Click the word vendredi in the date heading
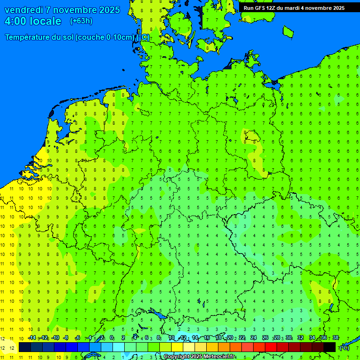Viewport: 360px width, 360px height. (x=25, y=10)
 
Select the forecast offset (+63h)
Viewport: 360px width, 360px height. (x=81, y=21)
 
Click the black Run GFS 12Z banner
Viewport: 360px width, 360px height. (x=294, y=8)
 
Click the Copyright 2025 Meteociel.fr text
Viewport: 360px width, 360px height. (x=199, y=357)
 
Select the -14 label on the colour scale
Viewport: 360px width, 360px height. (x=32, y=338)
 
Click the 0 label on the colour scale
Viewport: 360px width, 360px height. (x=112, y=338)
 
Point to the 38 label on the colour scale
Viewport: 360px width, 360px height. (x=336, y=338)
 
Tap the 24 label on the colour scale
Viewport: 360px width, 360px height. (x=254, y=338)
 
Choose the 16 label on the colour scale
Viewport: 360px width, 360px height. (x=207, y=338)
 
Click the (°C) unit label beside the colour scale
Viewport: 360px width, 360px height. (x=345, y=347)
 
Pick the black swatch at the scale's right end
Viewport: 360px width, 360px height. (x=330, y=347)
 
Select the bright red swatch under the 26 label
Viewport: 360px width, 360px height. (x=271, y=347)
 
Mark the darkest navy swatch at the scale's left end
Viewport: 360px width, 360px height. (x=25, y=347)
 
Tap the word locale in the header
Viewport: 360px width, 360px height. (x=45, y=21)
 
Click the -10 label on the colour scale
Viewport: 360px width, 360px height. (x=55, y=338)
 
